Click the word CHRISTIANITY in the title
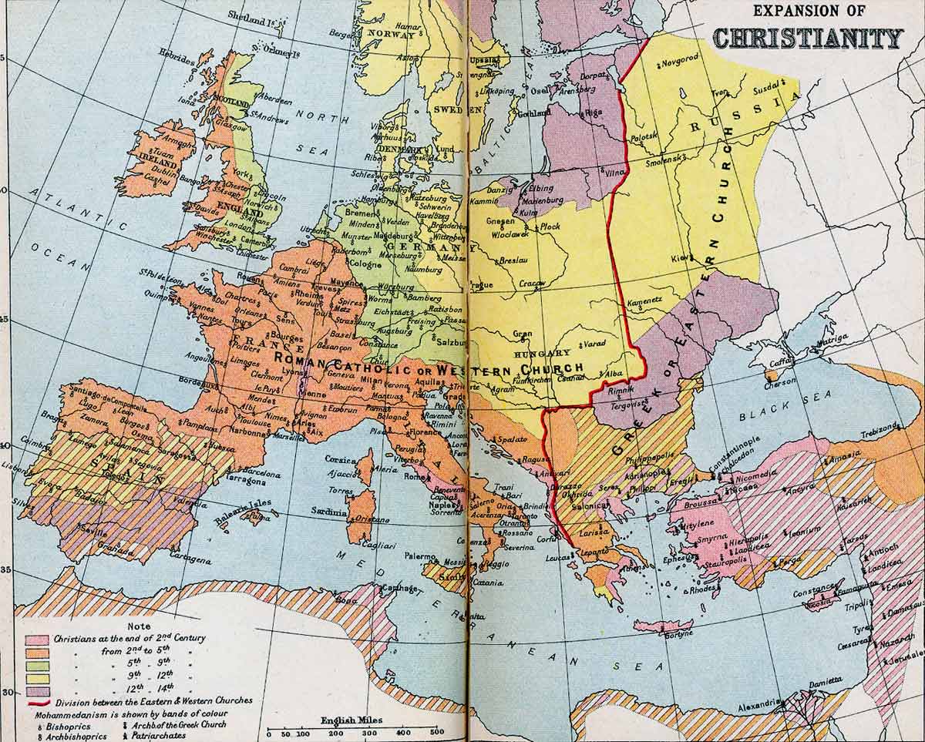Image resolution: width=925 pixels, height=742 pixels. [x=808, y=38]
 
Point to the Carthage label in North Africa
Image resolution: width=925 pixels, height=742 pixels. [x=398, y=588]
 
